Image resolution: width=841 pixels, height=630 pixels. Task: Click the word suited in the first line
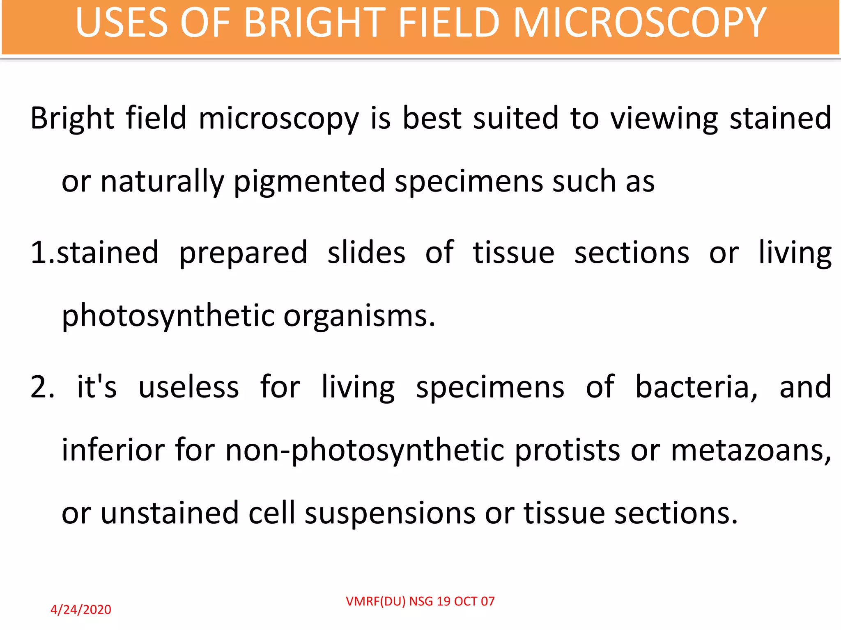[x=516, y=118]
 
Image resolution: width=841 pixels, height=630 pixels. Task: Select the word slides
[x=366, y=252]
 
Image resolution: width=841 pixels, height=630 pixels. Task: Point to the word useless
[x=188, y=387]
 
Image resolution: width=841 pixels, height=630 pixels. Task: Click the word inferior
[x=113, y=450]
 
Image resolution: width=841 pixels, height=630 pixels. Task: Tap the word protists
[x=568, y=450]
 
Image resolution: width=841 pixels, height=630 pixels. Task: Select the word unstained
[x=170, y=513]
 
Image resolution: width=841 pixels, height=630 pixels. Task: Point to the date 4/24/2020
[x=81, y=609]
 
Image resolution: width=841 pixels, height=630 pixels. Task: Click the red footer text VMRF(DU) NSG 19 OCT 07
[x=420, y=601]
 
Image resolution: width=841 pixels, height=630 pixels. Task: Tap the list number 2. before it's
[x=42, y=387]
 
